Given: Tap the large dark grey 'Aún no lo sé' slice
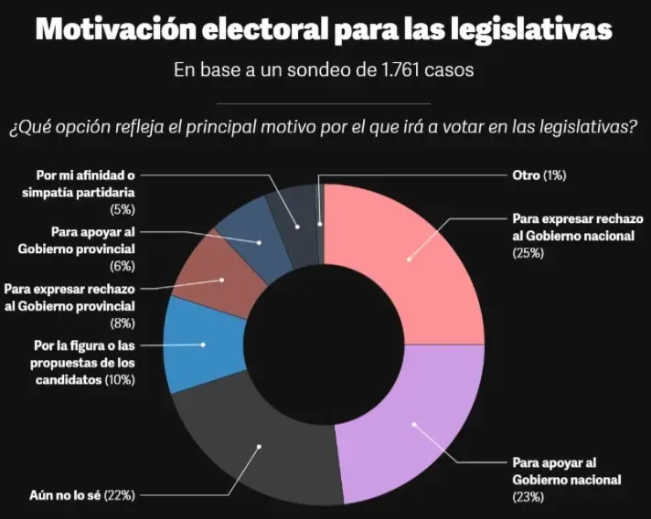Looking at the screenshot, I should (x=247, y=448).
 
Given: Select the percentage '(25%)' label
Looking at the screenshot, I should (x=528, y=253).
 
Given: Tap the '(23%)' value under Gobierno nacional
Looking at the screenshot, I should (x=528, y=497).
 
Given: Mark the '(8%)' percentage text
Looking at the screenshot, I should (x=121, y=323).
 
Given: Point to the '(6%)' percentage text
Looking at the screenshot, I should (x=121, y=267).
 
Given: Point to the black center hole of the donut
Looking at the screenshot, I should (x=325, y=344).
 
